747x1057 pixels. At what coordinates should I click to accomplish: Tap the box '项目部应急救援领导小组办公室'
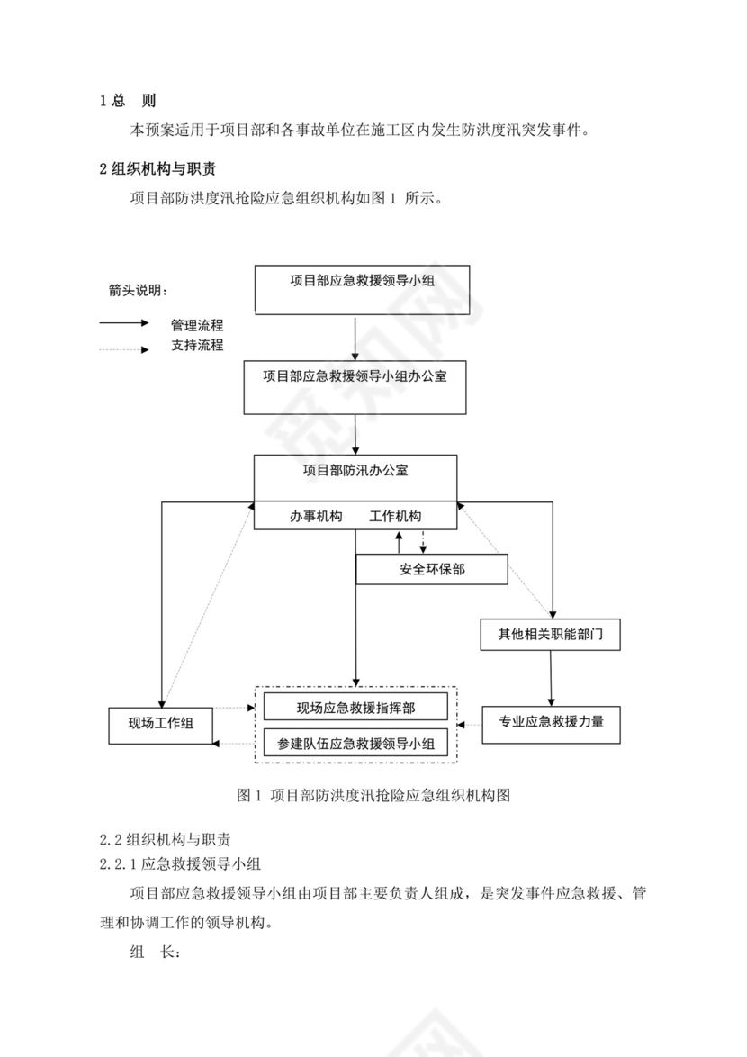coord(355,387)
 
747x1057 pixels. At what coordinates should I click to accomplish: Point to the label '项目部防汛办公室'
coord(355,470)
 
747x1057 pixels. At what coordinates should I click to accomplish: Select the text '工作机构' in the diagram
coord(395,517)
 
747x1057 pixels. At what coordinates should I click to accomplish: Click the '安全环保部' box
coord(432,569)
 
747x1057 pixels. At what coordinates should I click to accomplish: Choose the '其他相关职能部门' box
coord(551,635)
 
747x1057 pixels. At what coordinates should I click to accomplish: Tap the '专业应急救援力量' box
coord(551,721)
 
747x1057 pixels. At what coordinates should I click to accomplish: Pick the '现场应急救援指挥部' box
coord(355,708)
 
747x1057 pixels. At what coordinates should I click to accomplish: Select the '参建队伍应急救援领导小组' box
coord(355,744)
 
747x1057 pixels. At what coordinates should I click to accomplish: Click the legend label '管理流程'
coord(197,325)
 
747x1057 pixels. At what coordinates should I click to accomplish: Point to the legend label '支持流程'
coord(197,345)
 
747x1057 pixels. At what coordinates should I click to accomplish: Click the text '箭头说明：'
coord(138,291)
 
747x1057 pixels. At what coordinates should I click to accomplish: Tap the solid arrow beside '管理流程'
coord(124,323)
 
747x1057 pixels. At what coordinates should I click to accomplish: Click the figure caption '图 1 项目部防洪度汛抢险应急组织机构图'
coord(373,795)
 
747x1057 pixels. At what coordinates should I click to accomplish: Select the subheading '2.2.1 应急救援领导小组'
coord(180,865)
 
